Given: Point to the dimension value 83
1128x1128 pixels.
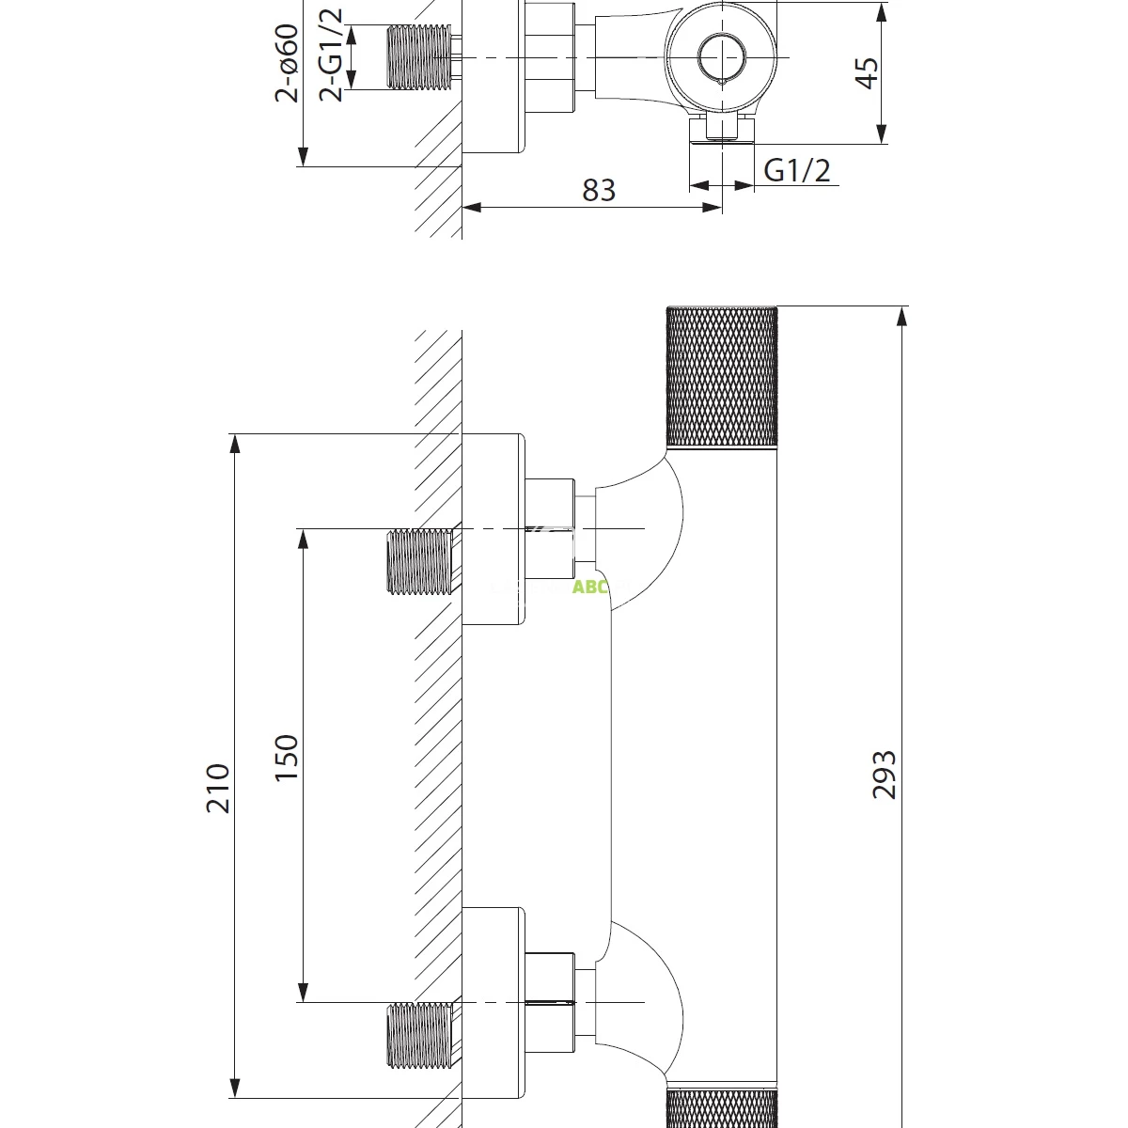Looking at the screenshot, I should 598,190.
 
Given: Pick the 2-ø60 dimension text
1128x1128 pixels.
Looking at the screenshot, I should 286,62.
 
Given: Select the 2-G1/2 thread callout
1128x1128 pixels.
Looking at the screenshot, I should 331,54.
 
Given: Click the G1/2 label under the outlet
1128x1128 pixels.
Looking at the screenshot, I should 797,170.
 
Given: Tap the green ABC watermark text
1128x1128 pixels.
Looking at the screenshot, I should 591,588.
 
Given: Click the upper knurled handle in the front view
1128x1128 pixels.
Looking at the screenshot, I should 722,377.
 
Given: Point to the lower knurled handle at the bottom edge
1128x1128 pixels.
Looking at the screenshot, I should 722,1108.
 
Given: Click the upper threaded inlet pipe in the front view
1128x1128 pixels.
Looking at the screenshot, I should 419,561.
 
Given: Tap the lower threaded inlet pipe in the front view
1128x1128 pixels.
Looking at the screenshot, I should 419,1036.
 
